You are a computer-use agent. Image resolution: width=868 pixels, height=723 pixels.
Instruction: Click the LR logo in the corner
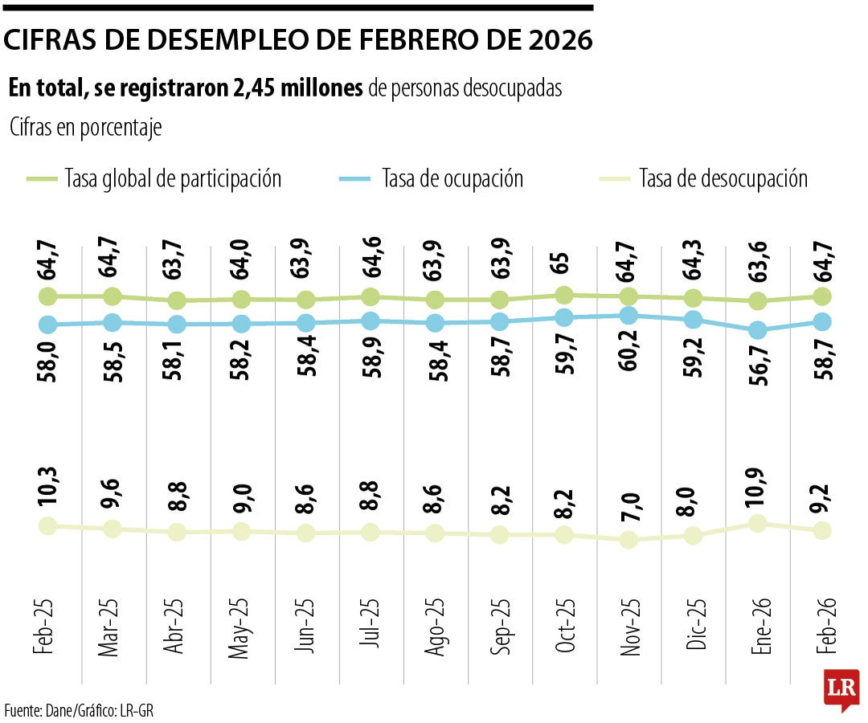point(841,689)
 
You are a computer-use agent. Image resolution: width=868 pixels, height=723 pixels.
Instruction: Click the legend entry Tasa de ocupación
point(452,178)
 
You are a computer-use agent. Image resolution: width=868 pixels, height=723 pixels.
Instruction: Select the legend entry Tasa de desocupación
point(723,178)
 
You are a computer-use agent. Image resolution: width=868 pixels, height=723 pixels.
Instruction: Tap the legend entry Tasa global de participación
point(173,178)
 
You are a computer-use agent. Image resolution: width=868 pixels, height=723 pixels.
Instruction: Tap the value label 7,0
point(629,507)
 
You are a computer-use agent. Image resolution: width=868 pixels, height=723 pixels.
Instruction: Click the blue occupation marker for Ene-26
point(757,330)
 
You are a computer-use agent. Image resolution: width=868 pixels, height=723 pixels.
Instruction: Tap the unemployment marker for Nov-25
point(628,540)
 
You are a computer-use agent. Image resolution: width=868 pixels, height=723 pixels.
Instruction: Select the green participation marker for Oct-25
point(565,295)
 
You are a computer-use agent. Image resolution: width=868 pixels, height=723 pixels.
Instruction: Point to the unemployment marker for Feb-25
point(47,525)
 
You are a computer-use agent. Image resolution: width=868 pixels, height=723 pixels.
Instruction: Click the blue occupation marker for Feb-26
point(821,321)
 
